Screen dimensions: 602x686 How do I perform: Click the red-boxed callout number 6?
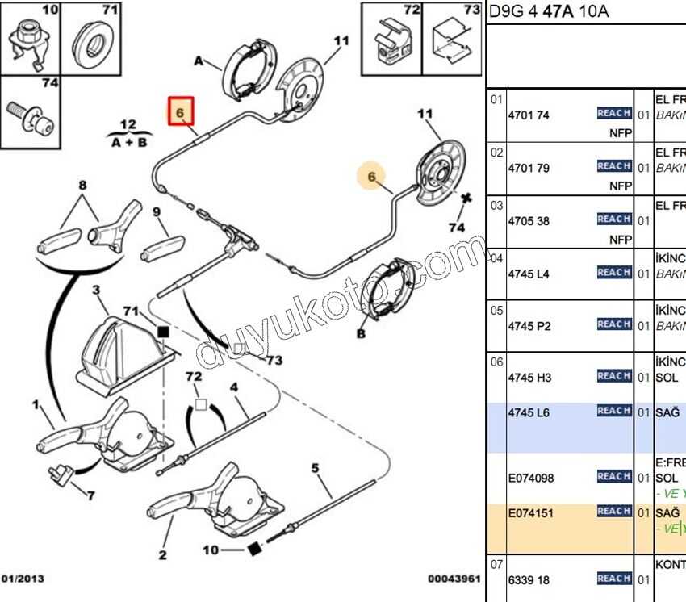[x=181, y=111]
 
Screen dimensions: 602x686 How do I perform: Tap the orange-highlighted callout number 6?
[x=372, y=176]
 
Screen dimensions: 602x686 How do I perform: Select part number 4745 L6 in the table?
[x=529, y=413]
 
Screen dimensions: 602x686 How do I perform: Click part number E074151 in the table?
[x=531, y=513]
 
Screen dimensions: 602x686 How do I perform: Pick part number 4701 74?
[x=529, y=115]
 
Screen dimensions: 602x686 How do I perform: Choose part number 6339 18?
[x=529, y=580]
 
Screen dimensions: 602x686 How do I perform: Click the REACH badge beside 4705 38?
[x=613, y=219]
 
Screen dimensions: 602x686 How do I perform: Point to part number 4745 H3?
[x=529, y=378]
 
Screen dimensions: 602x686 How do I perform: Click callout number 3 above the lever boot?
[x=95, y=290]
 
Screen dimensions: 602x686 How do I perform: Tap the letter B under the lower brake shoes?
[x=361, y=332]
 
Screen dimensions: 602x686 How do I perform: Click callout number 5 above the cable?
[x=316, y=468]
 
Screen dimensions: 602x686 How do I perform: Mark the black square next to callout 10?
[x=253, y=550]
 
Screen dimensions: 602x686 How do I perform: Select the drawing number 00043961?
[x=454, y=579]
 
